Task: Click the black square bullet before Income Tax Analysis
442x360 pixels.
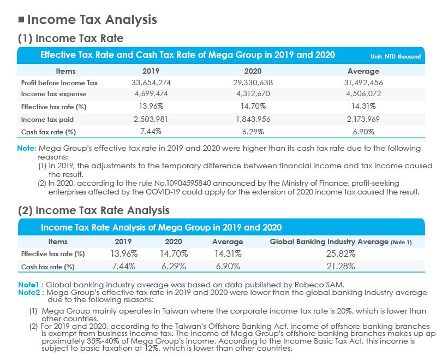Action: tap(21, 20)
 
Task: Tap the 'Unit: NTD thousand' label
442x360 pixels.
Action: tap(396, 56)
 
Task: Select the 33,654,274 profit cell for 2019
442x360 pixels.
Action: tap(151, 82)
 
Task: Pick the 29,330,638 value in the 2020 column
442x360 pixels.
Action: tap(253, 82)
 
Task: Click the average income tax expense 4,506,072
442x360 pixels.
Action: tap(363, 93)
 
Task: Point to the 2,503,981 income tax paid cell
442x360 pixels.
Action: tap(151, 119)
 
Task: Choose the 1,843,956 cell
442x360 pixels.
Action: tap(253, 119)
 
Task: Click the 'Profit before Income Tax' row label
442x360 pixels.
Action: tap(59, 83)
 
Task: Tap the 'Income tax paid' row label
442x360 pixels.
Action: tap(47, 120)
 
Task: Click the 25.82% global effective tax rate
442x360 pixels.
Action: tap(341, 254)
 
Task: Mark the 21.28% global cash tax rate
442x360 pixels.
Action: tap(341, 267)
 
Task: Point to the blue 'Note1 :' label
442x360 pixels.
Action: tap(31, 285)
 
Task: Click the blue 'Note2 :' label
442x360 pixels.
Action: tap(31, 293)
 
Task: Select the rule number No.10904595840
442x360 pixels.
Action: tap(183, 184)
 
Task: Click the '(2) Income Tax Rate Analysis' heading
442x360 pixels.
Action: tap(94, 210)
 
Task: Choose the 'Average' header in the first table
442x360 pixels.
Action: tap(363, 71)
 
